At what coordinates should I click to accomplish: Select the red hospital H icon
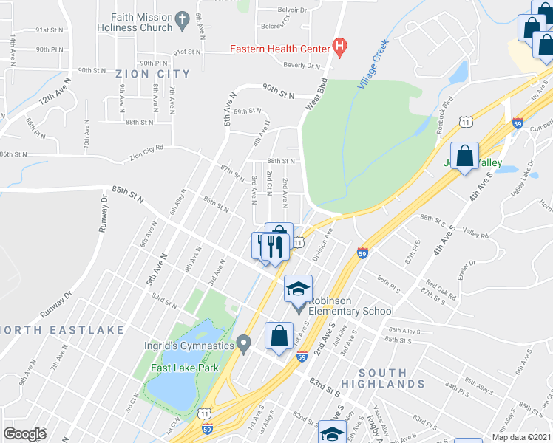[339, 49]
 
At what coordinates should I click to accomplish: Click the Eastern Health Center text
[279, 49]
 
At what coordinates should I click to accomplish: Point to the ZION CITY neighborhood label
[152, 74]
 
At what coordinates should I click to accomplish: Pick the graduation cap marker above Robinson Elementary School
[299, 288]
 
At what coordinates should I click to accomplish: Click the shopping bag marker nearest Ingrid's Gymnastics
[278, 337]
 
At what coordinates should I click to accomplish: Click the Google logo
[24, 433]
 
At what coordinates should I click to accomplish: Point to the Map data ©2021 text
[521, 437]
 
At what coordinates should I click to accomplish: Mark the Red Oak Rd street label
[440, 289]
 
